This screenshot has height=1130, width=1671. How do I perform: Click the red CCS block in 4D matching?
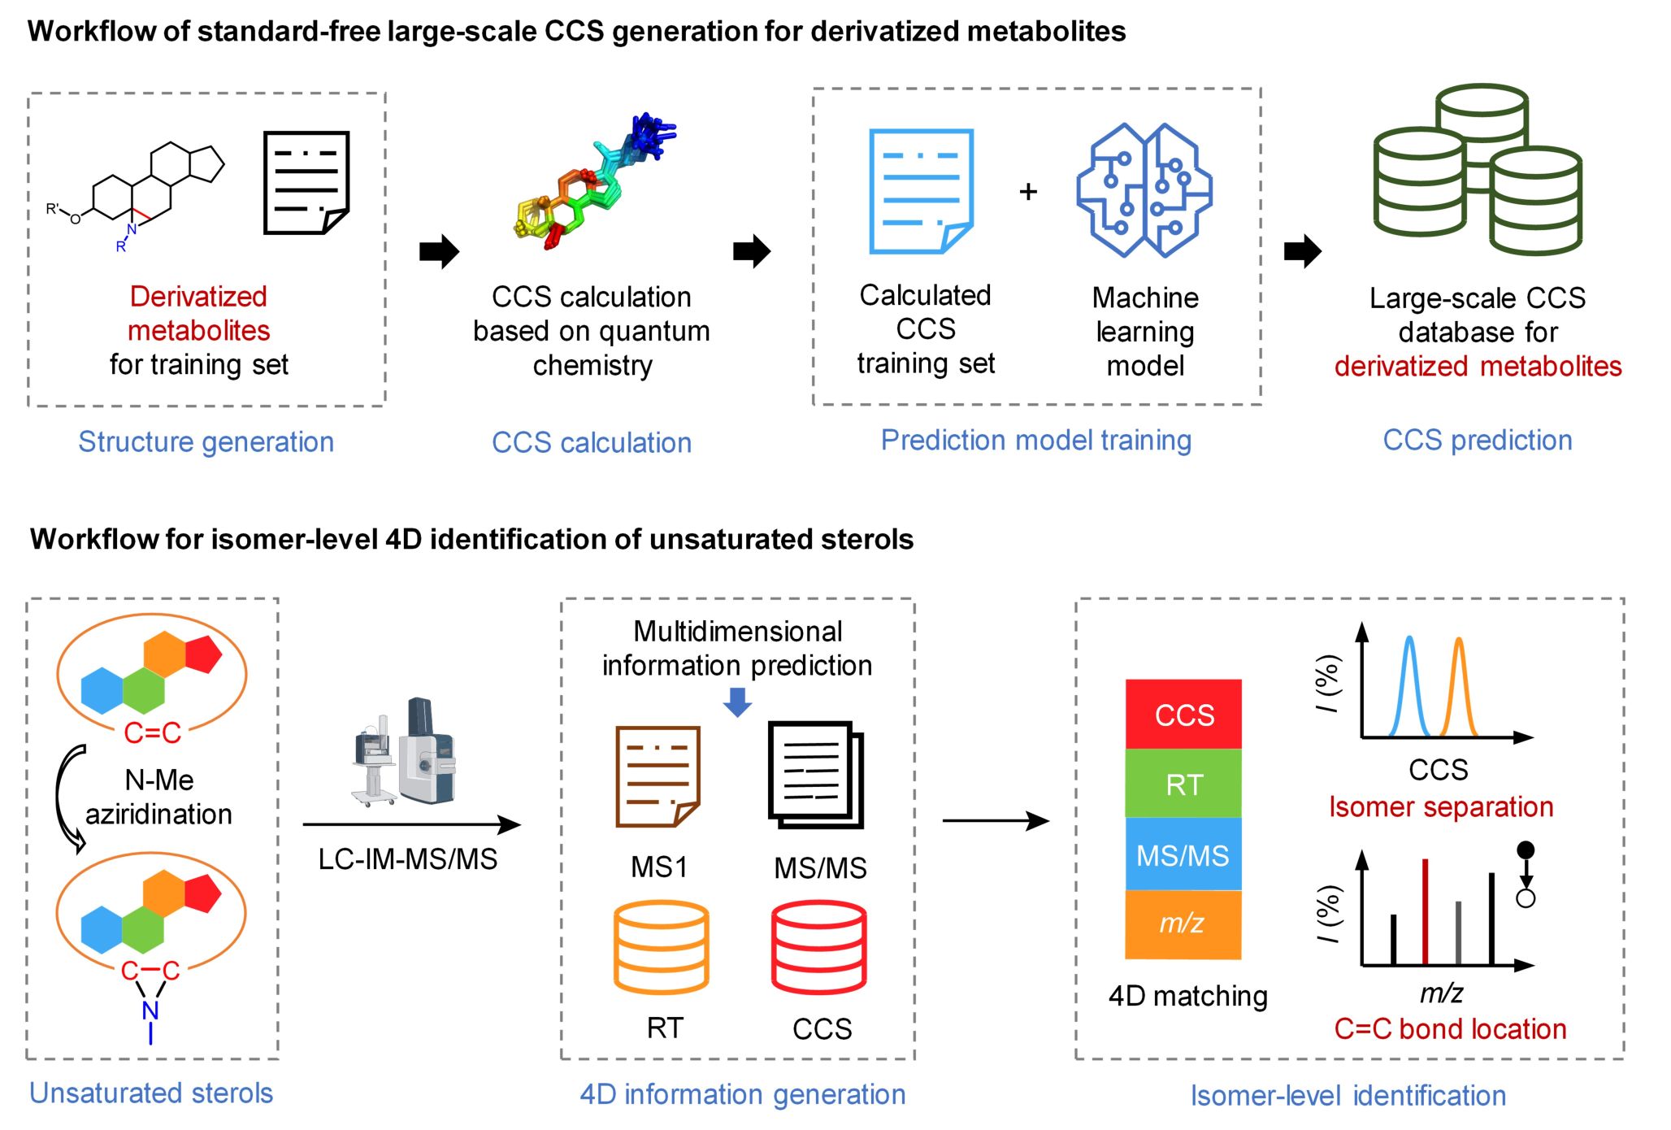[1183, 714]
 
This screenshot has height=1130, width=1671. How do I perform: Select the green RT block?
[1183, 784]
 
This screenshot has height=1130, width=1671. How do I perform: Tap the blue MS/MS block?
[1183, 854]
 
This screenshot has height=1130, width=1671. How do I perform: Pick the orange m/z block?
[1183, 924]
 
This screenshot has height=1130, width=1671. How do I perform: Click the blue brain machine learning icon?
[1144, 190]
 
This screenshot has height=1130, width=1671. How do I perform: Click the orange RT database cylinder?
[661, 947]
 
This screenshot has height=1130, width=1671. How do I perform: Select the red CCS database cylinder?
[818, 947]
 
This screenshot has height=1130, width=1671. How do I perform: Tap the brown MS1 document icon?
[658, 776]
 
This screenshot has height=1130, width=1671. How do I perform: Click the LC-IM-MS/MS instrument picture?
[404, 752]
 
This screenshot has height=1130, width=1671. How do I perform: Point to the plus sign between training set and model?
[1028, 191]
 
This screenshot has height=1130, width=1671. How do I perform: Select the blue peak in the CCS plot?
[1409, 687]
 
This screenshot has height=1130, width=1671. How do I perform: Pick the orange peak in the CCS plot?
[1459, 687]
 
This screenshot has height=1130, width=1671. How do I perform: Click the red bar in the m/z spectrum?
[1425, 911]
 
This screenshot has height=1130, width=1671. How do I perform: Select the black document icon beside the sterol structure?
[306, 183]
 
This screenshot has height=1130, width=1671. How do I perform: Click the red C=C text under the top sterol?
[152, 732]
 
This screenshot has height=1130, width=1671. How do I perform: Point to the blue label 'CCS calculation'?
[592, 442]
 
